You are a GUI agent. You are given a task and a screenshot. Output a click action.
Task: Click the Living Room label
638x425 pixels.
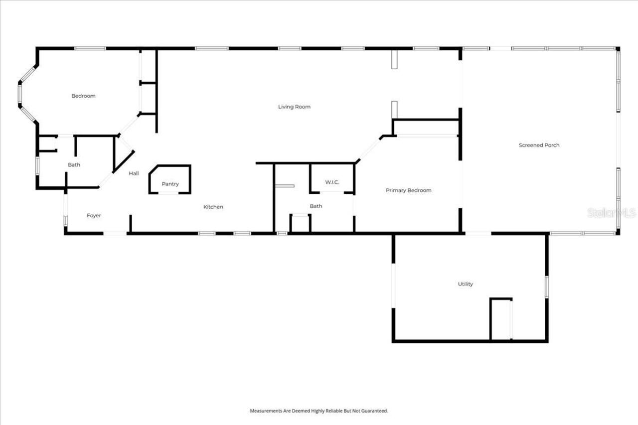[294, 107]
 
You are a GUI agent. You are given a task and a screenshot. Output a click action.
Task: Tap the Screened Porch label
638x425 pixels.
[539, 145]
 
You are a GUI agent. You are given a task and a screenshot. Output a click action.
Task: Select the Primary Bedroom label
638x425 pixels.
[408, 190]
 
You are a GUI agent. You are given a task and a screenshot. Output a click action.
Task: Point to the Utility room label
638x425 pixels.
[465, 284]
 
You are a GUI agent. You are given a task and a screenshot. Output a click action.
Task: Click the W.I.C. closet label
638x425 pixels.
[332, 182]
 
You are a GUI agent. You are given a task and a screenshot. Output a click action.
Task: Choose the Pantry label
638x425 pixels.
[170, 184]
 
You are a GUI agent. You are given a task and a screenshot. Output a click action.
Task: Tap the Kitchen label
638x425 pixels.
[213, 207]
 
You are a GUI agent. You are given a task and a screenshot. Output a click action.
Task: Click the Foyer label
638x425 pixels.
[94, 216]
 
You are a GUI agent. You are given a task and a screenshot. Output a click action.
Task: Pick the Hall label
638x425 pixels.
[134, 173]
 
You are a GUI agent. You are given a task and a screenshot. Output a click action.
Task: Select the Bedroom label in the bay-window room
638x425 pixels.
[83, 96]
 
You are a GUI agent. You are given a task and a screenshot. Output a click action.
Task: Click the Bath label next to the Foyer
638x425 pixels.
[74, 165]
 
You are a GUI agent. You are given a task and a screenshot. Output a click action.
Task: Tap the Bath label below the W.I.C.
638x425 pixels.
[316, 206]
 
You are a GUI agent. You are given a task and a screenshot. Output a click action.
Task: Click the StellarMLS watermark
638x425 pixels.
[611, 213]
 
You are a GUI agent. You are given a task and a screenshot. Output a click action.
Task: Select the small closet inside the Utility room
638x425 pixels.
[501, 319]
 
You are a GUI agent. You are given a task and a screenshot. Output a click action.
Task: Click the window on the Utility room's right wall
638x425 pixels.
[546, 287]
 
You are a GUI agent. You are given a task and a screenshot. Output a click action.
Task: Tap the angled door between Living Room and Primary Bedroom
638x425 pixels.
[369, 149]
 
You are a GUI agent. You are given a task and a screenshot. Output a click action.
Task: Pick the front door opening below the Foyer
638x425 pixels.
[115, 233]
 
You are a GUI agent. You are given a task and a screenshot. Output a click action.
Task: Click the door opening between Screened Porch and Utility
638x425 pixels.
[478, 233]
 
